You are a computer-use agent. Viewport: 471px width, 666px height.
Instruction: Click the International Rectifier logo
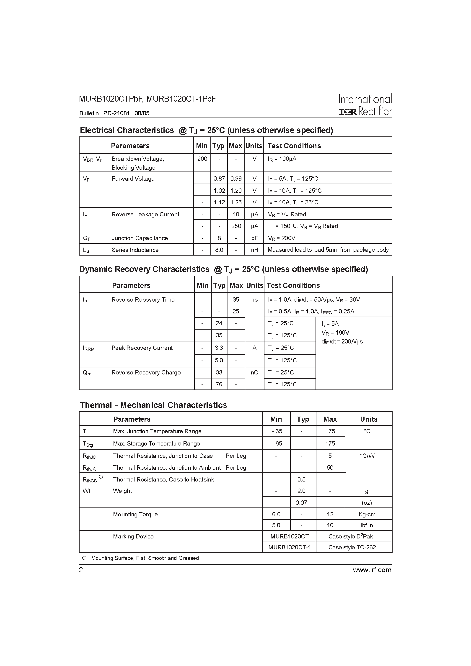click(x=365, y=105)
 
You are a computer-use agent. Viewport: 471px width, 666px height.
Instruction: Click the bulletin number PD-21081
click(x=116, y=113)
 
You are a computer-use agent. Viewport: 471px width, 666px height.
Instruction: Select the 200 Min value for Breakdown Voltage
click(x=202, y=159)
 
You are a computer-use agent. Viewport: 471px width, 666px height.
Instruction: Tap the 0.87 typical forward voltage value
click(x=219, y=179)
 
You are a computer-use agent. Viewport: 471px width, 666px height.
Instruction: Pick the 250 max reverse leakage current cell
click(x=236, y=226)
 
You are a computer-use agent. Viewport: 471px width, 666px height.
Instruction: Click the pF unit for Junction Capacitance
click(x=254, y=238)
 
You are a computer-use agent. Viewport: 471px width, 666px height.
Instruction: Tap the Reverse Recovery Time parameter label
click(x=143, y=300)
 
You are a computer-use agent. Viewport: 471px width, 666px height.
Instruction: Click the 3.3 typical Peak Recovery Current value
click(x=219, y=348)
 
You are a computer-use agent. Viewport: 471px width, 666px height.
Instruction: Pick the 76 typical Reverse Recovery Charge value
click(x=219, y=384)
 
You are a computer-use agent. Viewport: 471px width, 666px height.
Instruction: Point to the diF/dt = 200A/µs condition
click(x=342, y=342)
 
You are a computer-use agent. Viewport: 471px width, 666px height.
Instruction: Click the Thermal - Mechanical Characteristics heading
click(x=153, y=405)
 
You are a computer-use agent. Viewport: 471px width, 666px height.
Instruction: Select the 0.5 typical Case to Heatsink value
click(x=301, y=479)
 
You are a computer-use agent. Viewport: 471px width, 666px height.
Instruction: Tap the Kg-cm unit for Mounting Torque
click(x=367, y=514)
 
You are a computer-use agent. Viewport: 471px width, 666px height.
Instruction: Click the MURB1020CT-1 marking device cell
click(x=289, y=547)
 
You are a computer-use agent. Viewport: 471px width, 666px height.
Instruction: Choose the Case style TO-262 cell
click(x=352, y=547)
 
